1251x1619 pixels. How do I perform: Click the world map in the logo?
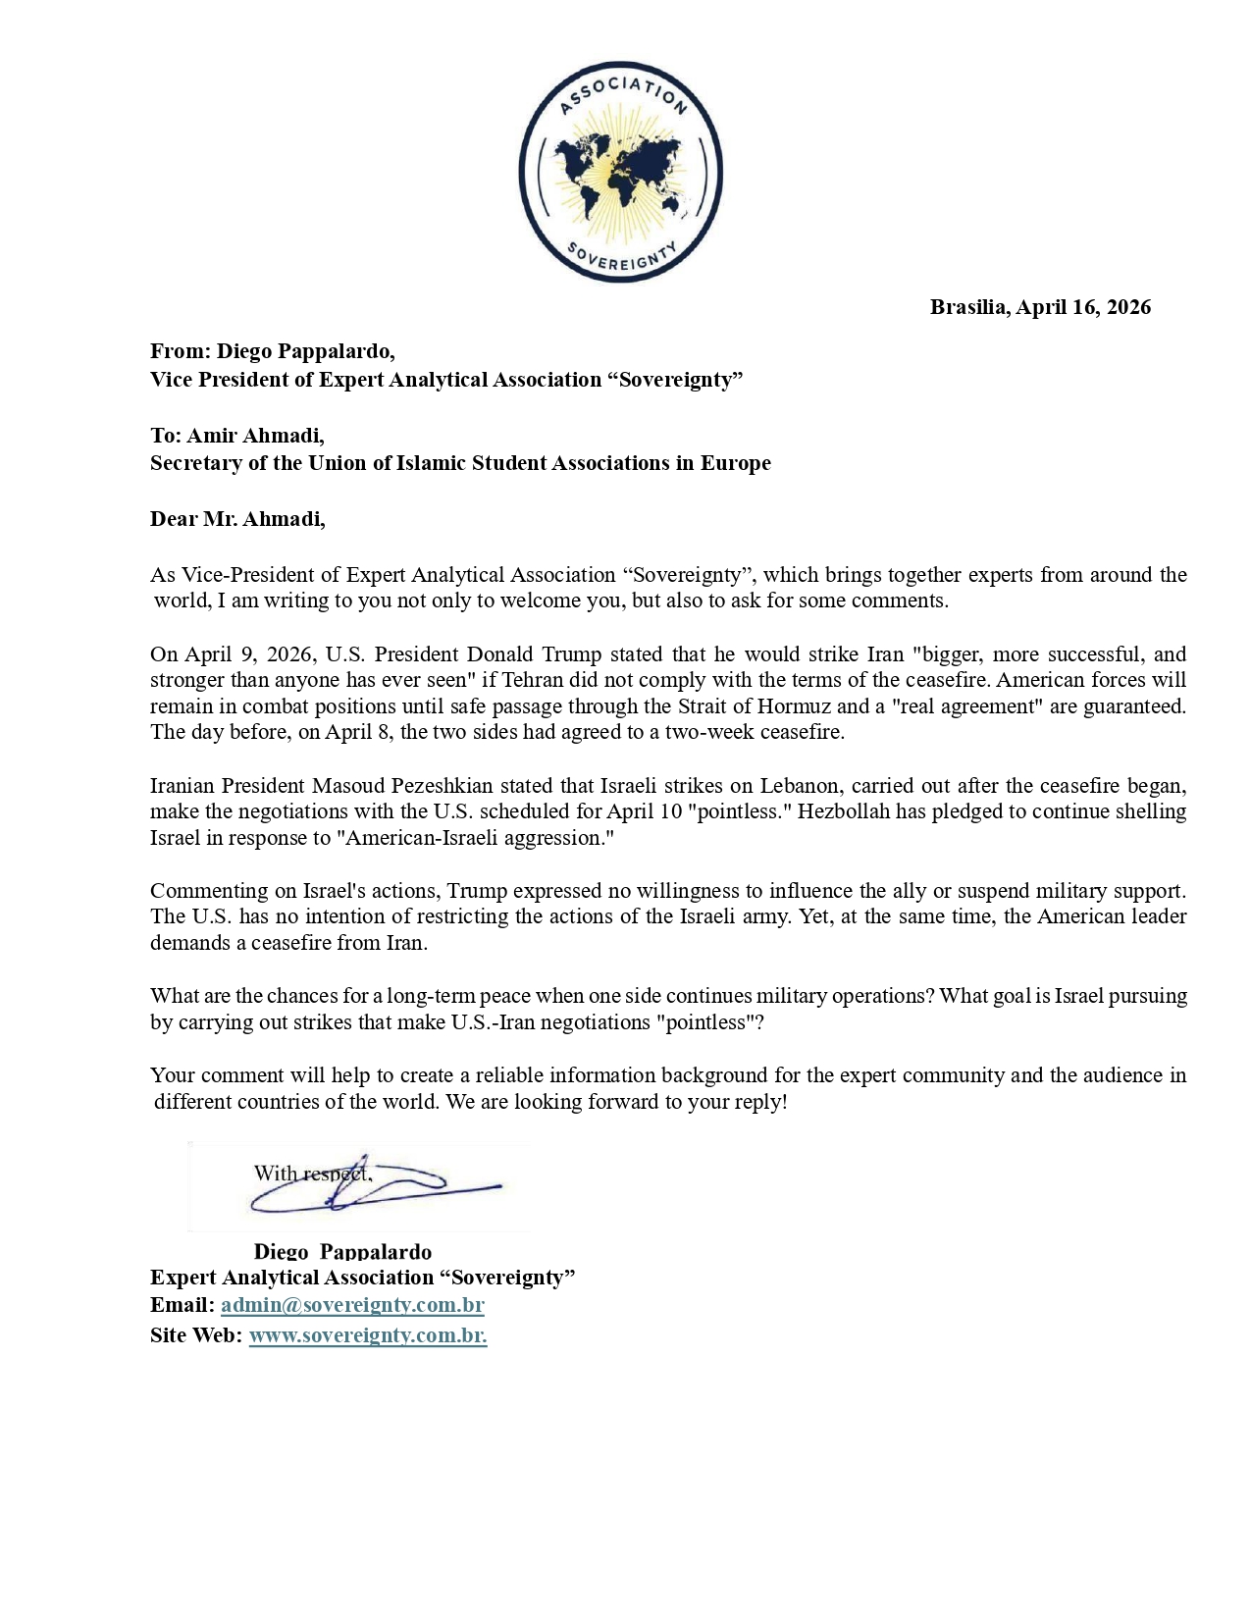[619, 176]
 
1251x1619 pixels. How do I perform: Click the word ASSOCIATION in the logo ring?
[622, 93]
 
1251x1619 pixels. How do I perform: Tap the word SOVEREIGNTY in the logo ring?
[622, 259]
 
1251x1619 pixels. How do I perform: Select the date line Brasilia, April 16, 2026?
[1040, 307]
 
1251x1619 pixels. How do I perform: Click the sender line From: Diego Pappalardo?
[272, 351]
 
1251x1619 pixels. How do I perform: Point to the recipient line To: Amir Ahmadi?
[236, 435]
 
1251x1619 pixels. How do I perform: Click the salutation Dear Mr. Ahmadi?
[237, 519]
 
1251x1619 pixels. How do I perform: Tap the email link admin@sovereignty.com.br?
[352, 1305]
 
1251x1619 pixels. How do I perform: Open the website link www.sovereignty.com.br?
[368, 1335]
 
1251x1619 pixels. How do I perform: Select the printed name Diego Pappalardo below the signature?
[342, 1251]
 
